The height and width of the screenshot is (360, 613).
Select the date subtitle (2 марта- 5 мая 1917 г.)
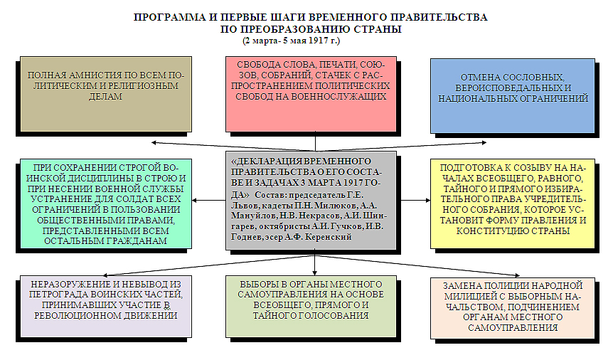tap(292, 41)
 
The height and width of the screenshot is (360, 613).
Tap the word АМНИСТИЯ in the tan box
tap(88, 75)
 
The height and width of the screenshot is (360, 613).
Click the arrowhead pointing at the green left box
tap(195, 201)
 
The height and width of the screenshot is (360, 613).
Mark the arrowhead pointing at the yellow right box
tap(427, 201)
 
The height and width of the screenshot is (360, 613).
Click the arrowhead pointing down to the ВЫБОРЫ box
tap(315, 272)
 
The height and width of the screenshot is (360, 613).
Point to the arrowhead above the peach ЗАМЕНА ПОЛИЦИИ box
tap(517, 275)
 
